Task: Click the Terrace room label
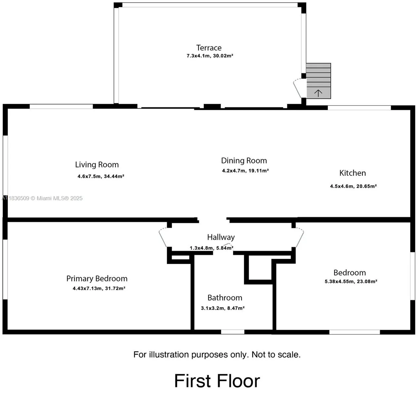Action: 209,48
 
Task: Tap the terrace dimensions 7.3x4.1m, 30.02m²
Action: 210,56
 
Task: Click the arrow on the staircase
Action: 318,93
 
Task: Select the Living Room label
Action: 97,164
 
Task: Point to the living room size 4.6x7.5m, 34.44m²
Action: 101,176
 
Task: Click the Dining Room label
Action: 244,160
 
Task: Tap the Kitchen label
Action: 353,173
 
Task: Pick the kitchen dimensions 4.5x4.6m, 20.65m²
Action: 353,186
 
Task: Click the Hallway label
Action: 221,237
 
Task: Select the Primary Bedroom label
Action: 97,279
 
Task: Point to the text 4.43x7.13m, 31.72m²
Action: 99,288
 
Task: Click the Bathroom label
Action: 225,298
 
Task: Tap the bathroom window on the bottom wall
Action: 232,331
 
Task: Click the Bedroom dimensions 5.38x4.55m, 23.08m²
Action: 351,282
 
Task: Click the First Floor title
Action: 217,381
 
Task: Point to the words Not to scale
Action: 276,355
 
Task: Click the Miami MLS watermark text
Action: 42,198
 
